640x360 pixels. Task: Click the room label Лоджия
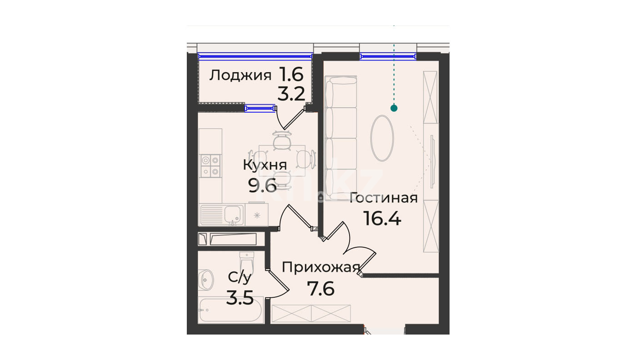[x=240, y=76]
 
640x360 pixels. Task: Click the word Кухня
[x=265, y=165]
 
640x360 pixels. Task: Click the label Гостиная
[x=384, y=198]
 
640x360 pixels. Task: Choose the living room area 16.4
[x=382, y=218]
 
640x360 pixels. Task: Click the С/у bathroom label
[x=240, y=277]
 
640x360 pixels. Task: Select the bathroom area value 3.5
[x=240, y=297]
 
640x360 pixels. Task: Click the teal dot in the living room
[x=394, y=108]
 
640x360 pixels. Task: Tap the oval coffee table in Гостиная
[x=382, y=138]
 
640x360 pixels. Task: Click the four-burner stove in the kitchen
[x=211, y=166]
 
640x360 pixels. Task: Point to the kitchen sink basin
[x=234, y=214]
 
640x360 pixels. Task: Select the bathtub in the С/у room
[x=230, y=310]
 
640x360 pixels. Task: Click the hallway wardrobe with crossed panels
[x=311, y=314]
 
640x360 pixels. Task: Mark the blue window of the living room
[x=388, y=56]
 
